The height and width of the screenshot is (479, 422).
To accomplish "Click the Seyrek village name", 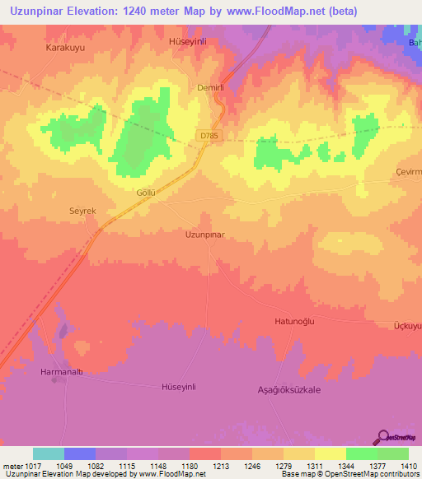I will (82, 212).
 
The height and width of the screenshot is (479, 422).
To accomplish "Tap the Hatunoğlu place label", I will (295, 323).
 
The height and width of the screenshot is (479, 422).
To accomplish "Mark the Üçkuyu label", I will (407, 326).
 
